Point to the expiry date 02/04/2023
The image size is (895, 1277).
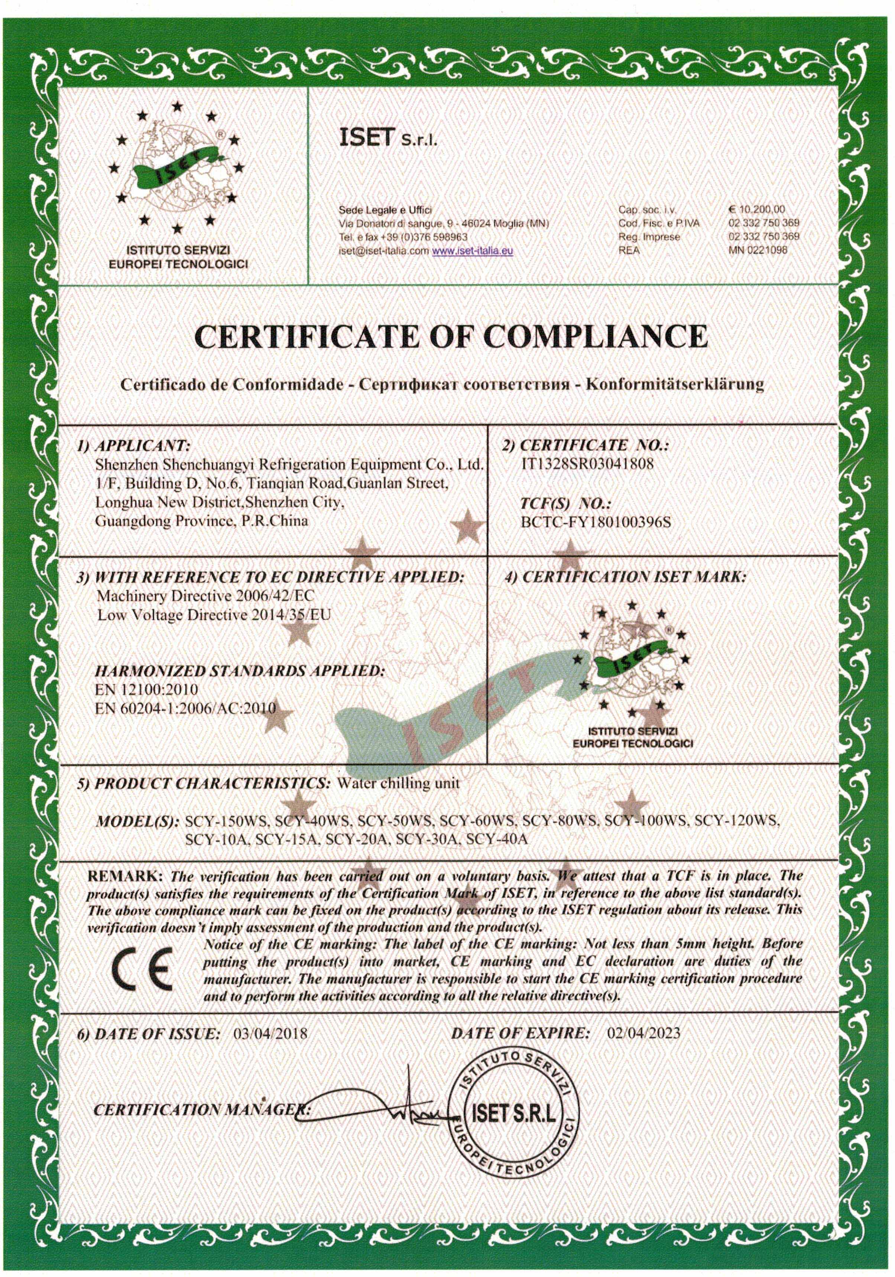(x=643, y=1033)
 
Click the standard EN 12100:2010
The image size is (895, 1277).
(x=147, y=690)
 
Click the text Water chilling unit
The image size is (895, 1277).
(x=399, y=783)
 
